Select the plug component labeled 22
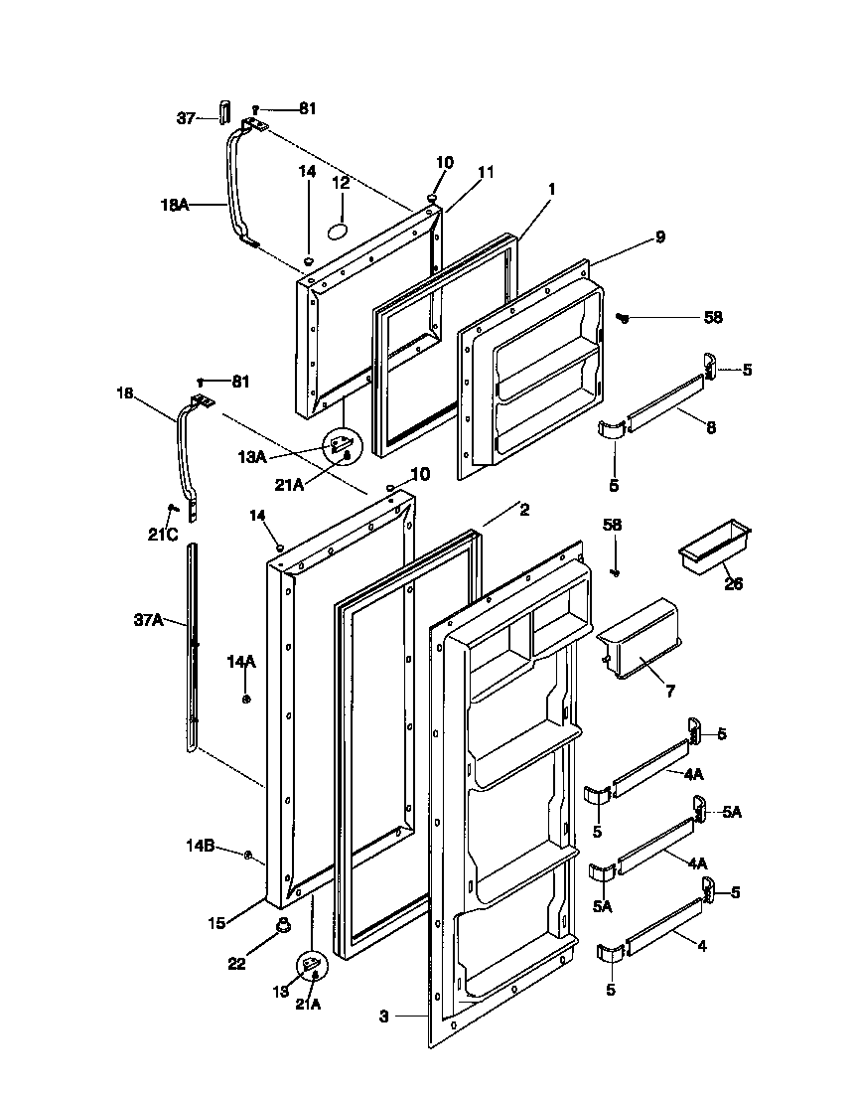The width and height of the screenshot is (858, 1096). click(x=283, y=928)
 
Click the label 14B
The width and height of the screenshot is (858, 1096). click(x=202, y=847)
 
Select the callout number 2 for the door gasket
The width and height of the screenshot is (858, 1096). click(x=523, y=510)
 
